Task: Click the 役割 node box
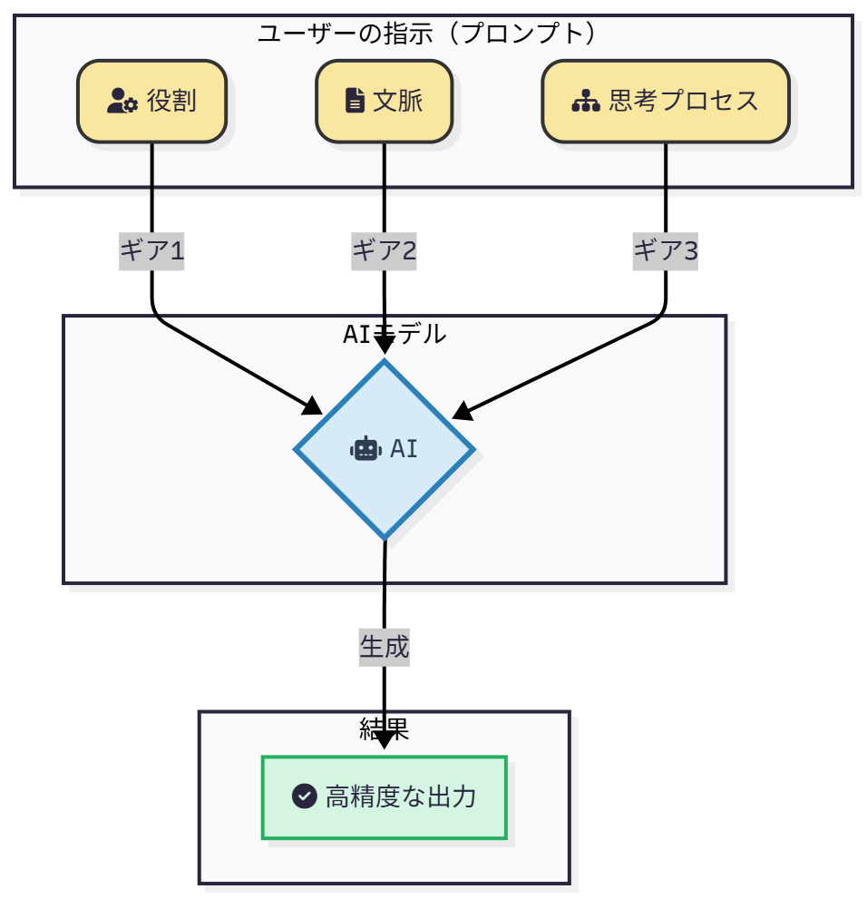click(151, 101)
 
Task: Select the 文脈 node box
click(384, 101)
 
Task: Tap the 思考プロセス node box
click(666, 101)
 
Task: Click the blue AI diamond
click(385, 449)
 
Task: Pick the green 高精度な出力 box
click(385, 797)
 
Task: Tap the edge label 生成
click(385, 647)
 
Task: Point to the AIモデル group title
click(395, 334)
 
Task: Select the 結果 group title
click(385, 728)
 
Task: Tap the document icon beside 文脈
click(356, 101)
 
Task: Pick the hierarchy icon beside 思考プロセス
click(586, 101)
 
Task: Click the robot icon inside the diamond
click(365, 448)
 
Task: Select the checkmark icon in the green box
click(304, 796)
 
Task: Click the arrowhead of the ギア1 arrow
click(314, 406)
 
